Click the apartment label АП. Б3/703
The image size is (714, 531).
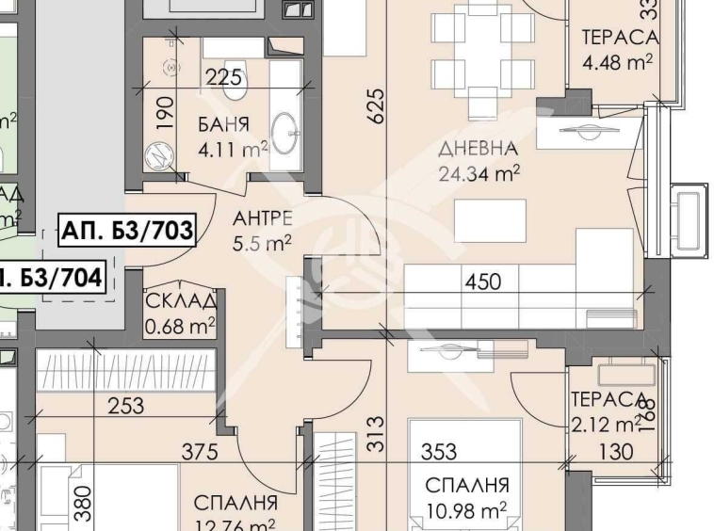(126, 229)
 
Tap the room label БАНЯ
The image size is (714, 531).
(223, 124)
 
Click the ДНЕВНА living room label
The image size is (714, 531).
(479, 149)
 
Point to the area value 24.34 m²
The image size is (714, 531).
(480, 172)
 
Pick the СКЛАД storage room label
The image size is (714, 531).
(182, 302)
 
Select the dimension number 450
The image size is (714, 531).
(481, 280)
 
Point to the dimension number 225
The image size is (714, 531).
(224, 78)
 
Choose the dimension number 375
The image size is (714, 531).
(200, 452)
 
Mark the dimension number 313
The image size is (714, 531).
(376, 434)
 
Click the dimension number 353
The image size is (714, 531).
(439, 452)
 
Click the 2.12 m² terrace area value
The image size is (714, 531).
(603, 423)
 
